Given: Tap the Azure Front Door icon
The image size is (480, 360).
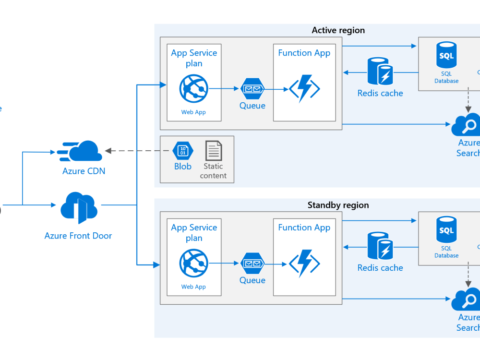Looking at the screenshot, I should point(79,207).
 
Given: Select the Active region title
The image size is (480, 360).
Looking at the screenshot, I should point(338,30).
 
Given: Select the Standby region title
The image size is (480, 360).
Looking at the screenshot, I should point(338,205).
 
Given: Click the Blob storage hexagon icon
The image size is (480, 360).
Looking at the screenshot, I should point(183,151).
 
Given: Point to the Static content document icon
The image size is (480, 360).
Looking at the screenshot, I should point(214,151).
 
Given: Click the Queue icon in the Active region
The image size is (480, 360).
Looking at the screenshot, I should point(252,89).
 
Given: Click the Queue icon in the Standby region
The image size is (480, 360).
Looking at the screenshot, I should point(252,264).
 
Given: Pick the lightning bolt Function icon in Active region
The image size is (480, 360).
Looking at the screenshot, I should point(304,89).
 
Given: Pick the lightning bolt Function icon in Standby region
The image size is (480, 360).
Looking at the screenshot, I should point(304,264).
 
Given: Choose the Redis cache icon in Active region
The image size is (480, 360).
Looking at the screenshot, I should point(380,72).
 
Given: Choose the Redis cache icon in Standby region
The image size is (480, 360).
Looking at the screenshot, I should point(380,247).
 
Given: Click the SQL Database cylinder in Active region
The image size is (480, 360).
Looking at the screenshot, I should point(446,56).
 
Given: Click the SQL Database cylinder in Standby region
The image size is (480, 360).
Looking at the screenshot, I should point(446,230).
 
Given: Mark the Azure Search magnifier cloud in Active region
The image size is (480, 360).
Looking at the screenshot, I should point(467,125).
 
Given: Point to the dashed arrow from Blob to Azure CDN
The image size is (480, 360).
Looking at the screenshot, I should point(139,151).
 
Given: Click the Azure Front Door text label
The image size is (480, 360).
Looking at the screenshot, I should point(78,236).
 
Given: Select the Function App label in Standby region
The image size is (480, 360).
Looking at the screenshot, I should point(304,228).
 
